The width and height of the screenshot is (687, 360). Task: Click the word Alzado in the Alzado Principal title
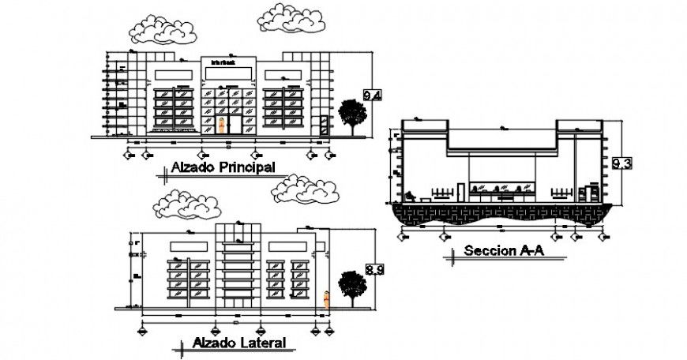(x=193, y=167)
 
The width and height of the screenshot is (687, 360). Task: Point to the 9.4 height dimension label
(x=372, y=96)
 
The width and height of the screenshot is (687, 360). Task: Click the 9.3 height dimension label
(x=621, y=164)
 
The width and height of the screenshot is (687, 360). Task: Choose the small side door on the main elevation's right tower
(x=323, y=126)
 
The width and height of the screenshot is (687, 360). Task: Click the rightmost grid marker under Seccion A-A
(x=605, y=235)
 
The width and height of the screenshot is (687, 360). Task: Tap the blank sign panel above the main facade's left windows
(x=172, y=73)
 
